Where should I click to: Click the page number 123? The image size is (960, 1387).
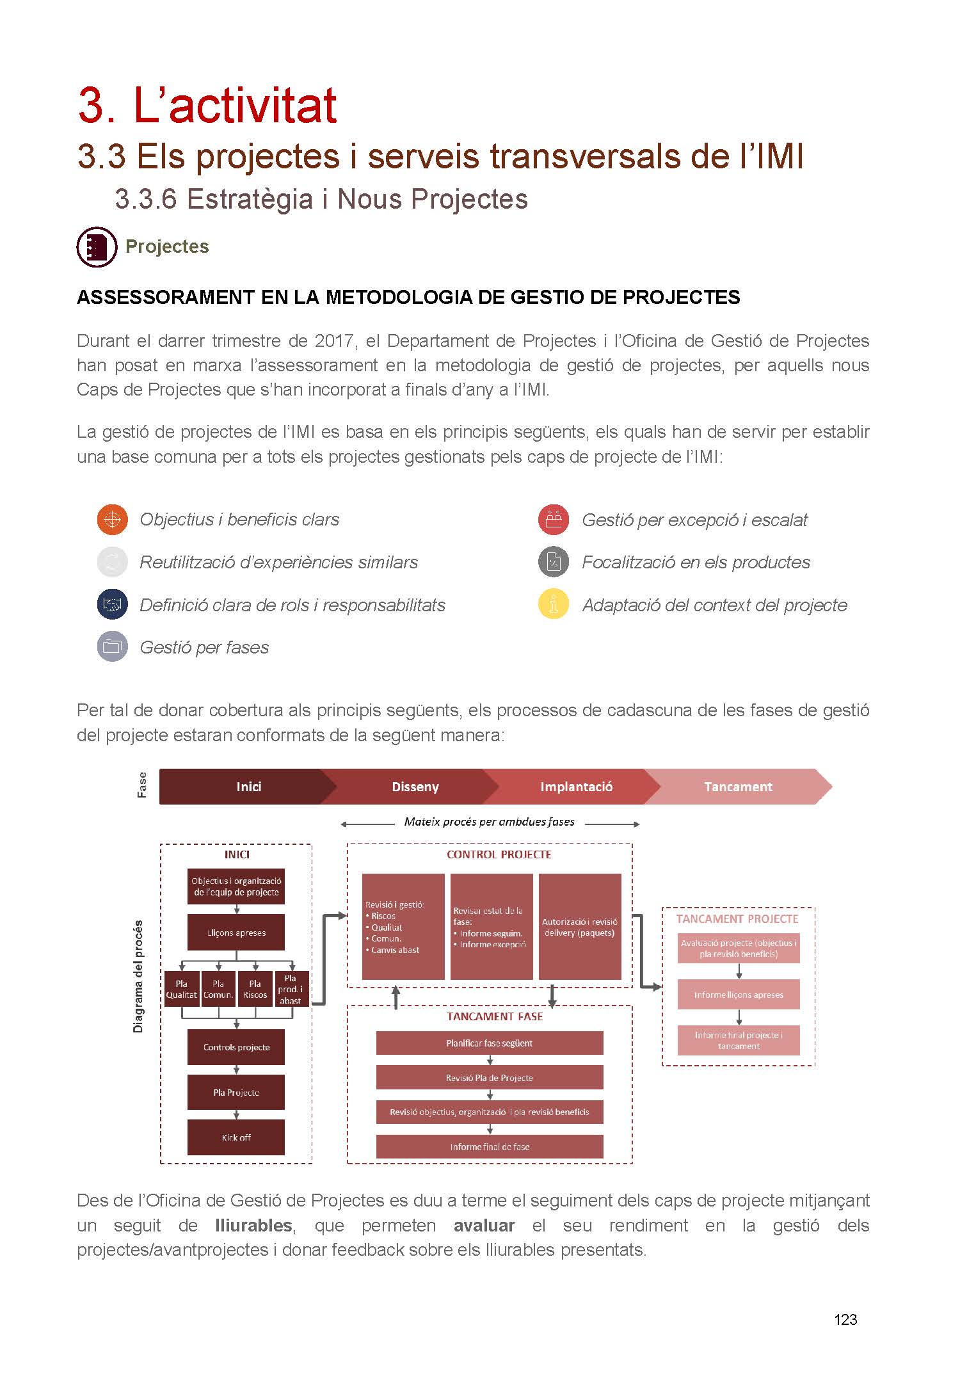(x=845, y=1319)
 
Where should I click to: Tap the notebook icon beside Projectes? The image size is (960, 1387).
(x=97, y=247)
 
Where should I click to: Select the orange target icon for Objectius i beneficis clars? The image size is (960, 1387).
(x=112, y=519)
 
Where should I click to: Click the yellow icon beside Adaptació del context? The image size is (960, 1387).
(x=554, y=604)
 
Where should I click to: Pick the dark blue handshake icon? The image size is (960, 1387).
(x=112, y=604)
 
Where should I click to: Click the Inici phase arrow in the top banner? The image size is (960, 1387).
(x=248, y=787)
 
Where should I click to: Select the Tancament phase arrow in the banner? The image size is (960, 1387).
(x=738, y=787)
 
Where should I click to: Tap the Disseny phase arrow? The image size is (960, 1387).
(x=415, y=787)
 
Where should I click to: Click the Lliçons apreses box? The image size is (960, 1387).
(x=236, y=933)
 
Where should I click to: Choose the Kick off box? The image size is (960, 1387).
(x=236, y=1137)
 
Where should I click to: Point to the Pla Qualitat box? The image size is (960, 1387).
(x=182, y=989)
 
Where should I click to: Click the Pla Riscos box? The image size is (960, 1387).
(x=255, y=989)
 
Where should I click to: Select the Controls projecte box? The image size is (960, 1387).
(x=236, y=1047)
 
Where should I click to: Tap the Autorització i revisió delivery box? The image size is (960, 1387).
(x=580, y=927)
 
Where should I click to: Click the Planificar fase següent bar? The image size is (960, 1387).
(x=490, y=1043)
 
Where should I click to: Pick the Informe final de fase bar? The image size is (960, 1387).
(x=490, y=1147)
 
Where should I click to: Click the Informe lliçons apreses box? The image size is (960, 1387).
(x=739, y=995)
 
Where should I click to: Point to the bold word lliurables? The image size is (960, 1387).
(x=253, y=1225)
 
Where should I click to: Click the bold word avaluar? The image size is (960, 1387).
(x=484, y=1225)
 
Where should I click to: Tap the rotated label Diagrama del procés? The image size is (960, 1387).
(x=138, y=976)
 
